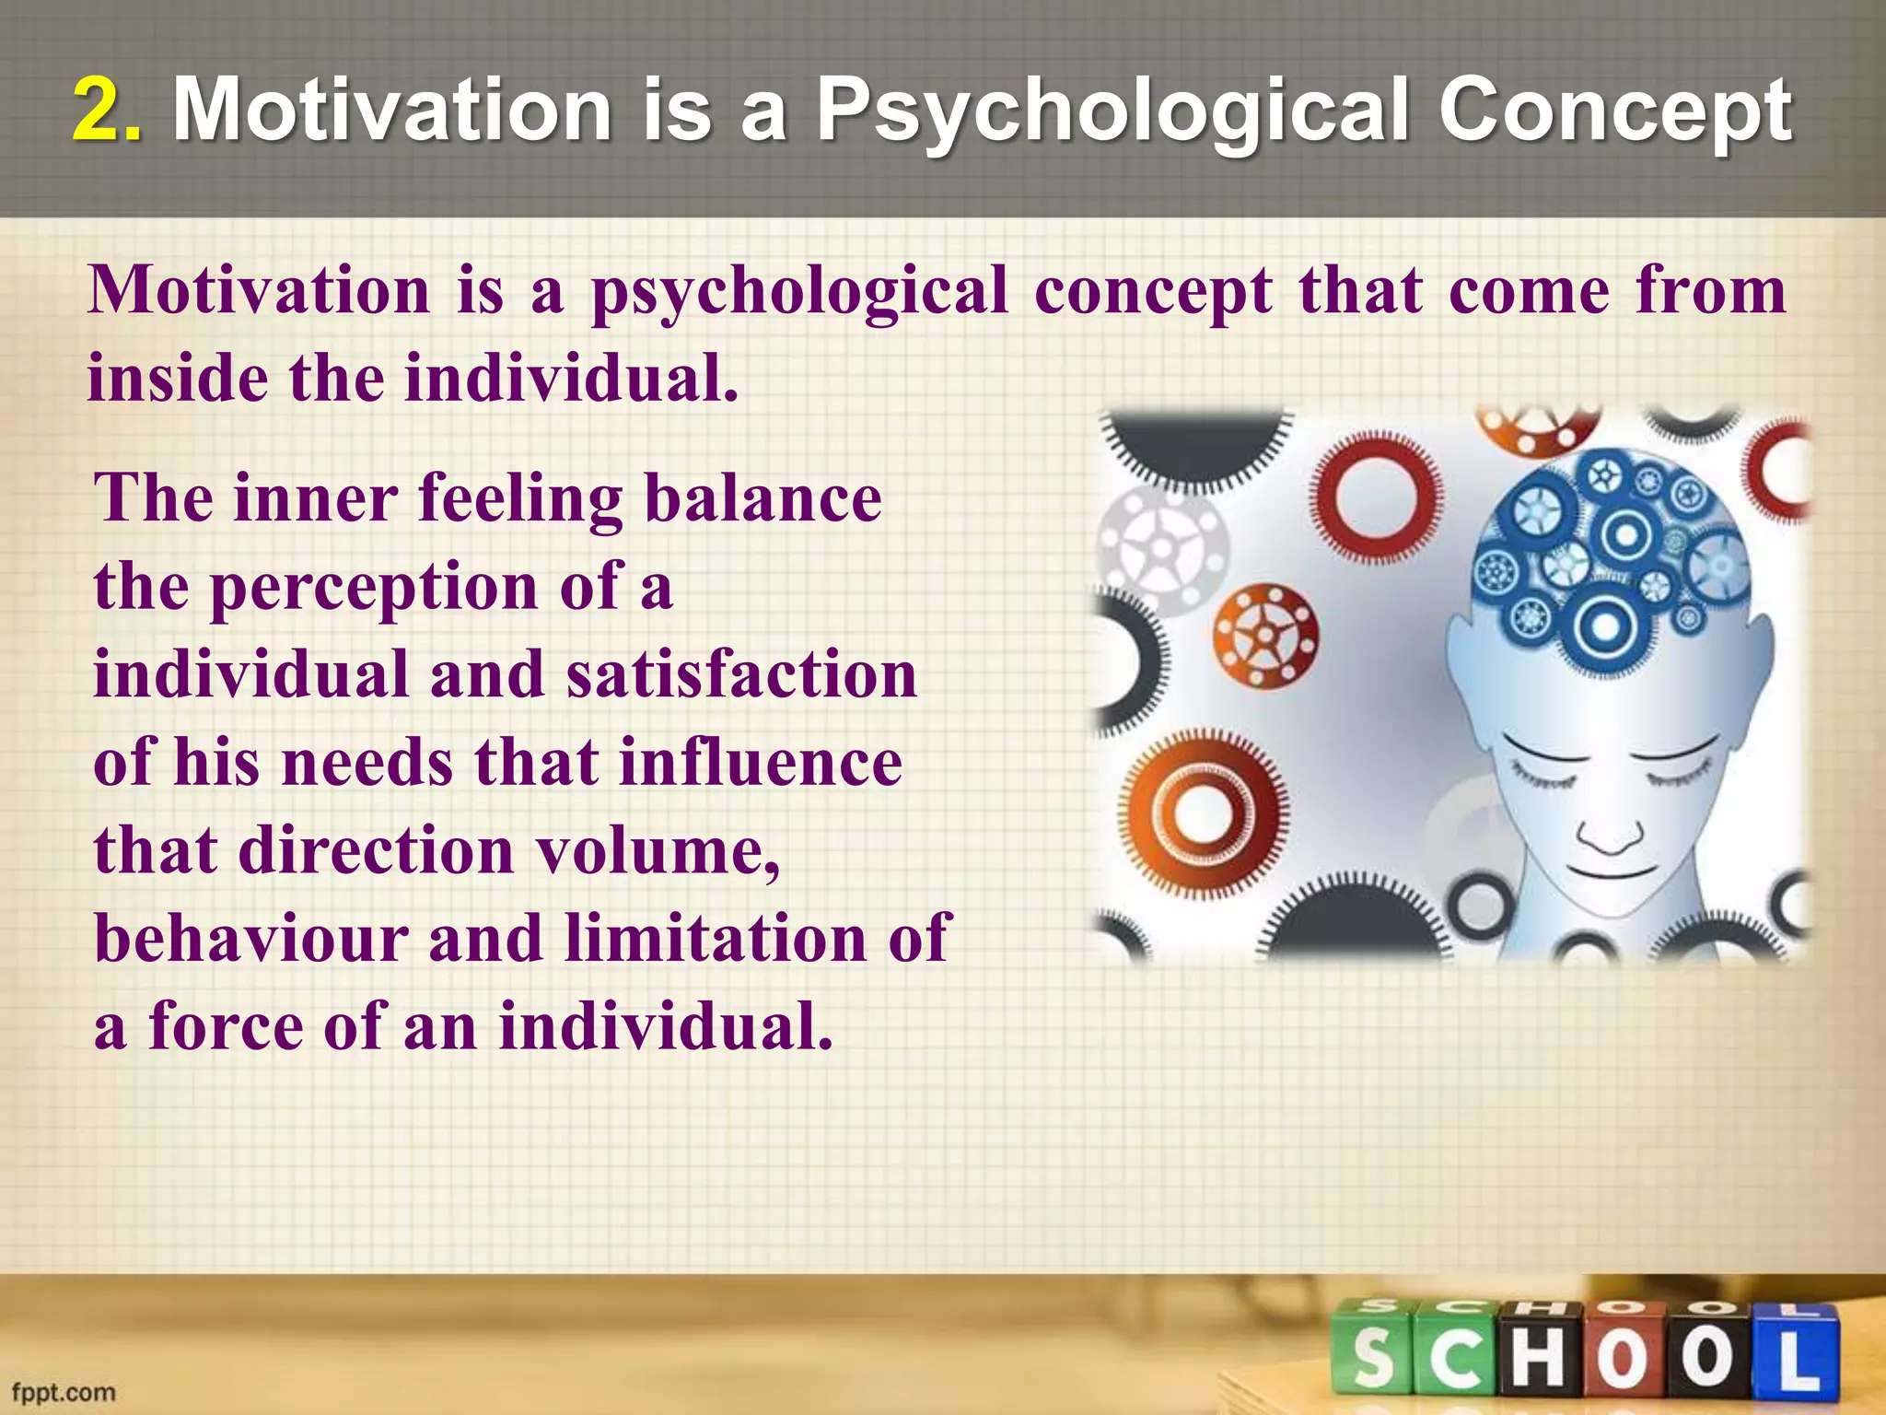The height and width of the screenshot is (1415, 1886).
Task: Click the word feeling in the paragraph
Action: (520, 498)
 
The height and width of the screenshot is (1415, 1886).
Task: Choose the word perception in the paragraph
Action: (374, 587)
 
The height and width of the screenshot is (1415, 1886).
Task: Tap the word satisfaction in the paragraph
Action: (741, 674)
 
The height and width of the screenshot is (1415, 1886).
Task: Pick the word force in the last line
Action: (226, 1026)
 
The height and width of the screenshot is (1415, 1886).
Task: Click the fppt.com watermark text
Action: (64, 1391)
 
